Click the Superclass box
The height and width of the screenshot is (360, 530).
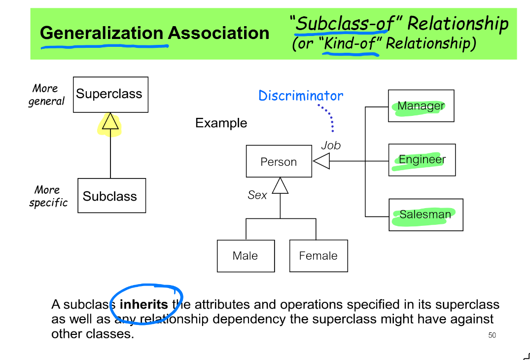(110, 94)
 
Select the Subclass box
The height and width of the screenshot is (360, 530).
(111, 196)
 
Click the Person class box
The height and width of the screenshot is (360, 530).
(279, 161)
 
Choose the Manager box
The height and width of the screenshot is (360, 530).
(421, 106)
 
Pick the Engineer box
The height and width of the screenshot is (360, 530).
(422, 160)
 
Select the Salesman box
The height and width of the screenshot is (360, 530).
(425, 215)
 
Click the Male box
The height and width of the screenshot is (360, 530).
(246, 255)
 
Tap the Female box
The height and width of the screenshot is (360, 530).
(318, 255)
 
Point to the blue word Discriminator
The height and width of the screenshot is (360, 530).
(301, 96)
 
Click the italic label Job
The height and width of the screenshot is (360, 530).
(331, 145)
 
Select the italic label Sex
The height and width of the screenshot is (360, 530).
(257, 195)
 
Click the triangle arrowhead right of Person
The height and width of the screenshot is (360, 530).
(321, 161)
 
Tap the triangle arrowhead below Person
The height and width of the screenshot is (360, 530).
(280, 185)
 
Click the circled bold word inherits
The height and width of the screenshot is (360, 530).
(143, 305)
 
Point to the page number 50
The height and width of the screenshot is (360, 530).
(492, 335)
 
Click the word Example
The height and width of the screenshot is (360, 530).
(221, 123)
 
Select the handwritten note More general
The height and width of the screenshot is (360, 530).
(46, 95)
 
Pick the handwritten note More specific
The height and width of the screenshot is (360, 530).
(48, 196)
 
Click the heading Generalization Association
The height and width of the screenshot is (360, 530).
(154, 33)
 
